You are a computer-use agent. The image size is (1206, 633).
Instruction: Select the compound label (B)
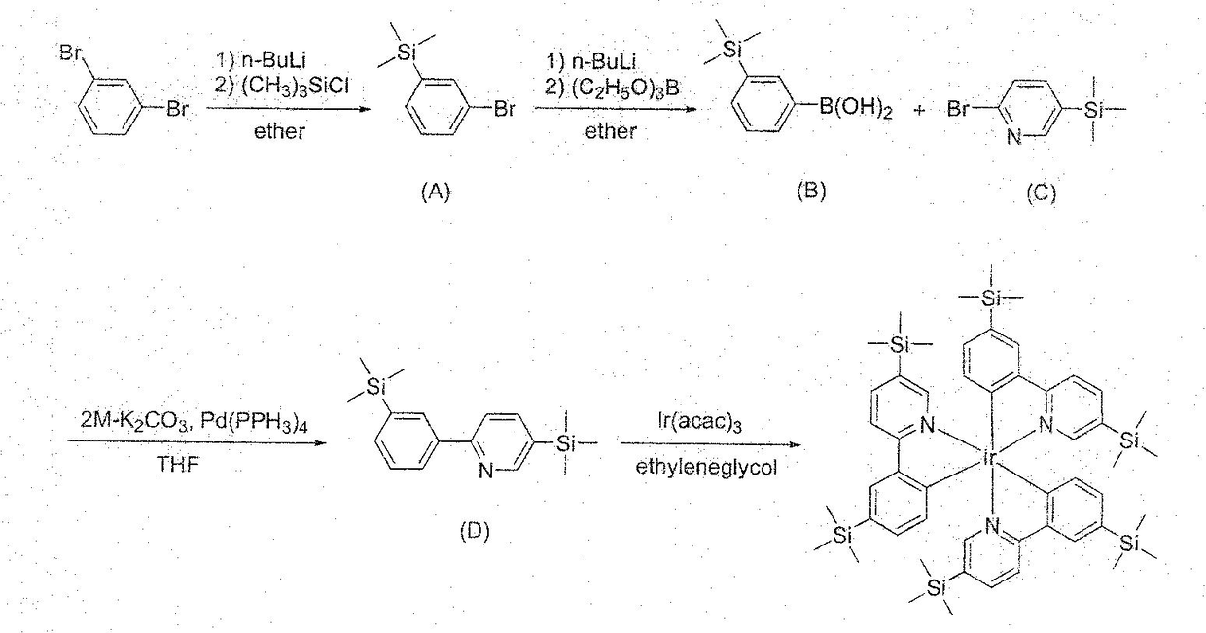coord(810,192)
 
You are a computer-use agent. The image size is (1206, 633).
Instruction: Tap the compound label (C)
coord(1040,193)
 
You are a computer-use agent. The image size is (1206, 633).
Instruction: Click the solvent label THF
coord(179,465)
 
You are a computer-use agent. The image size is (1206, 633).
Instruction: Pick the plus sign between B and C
coord(919,111)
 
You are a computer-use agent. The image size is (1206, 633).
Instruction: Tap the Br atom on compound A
coord(503,110)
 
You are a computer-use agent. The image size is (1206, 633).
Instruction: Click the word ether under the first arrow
coord(279,132)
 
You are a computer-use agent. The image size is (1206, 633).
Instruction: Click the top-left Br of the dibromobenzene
coord(71,53)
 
